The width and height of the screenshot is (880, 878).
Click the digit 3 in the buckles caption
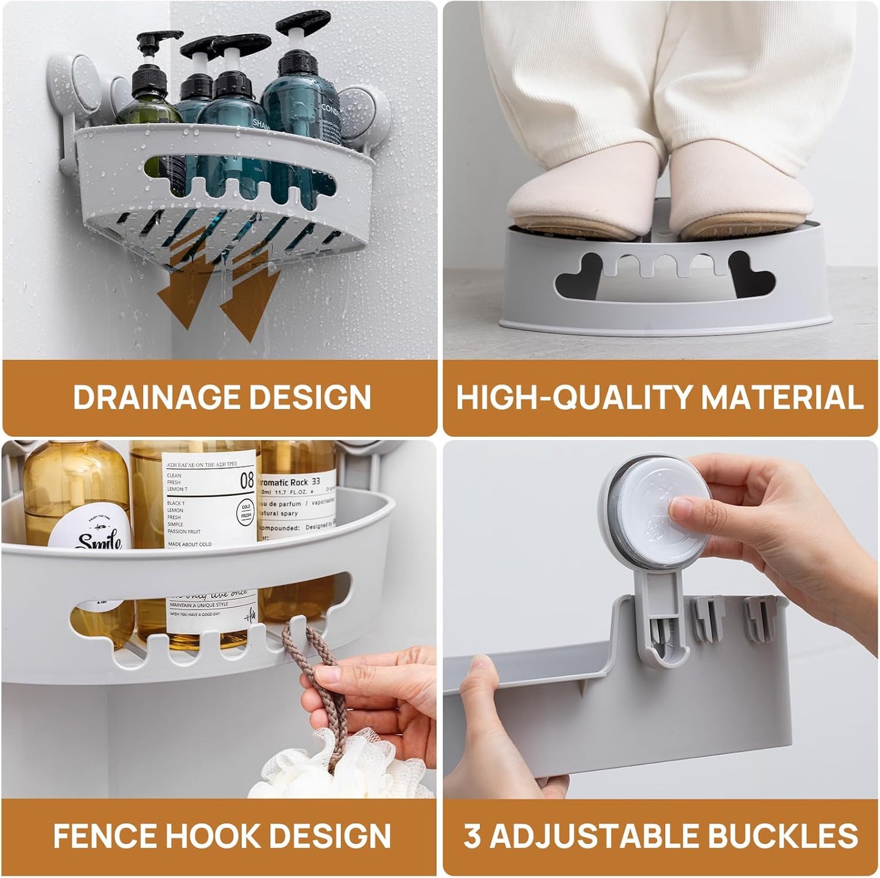click(x=473, y=836)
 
